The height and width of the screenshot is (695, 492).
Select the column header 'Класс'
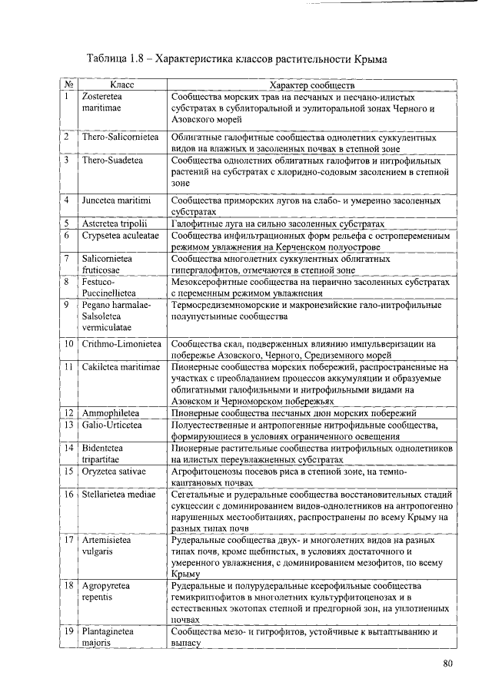(x=122, y=86)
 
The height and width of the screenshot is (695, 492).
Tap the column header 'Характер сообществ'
(x=311, y=86)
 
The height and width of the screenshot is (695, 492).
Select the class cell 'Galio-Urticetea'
(x=112, y=425)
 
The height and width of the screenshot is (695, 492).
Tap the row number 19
(x=68, y=632)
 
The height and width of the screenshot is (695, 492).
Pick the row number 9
(x=68, y=305)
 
